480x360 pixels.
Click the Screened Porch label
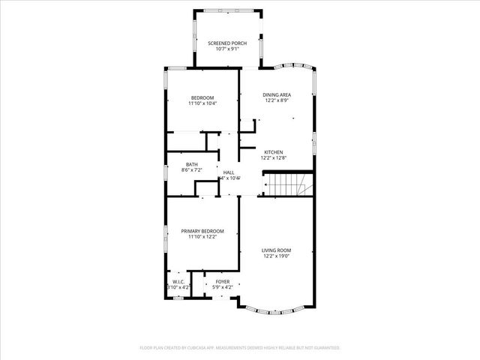pyautogui.click(x=228, y=43)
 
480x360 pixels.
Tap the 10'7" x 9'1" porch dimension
pyautogui.click(x=228, y=49)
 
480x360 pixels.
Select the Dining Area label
pyautogui.click(x=277, y=94)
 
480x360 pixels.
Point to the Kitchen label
pyautogui.click(x=273, y=152)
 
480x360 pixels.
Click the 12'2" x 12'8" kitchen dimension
pyautogui.click(x=273, y=158)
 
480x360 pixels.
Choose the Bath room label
pyautogui.click(x=192, y=165)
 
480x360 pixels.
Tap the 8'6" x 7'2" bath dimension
pyautogui.click(x=192, y=171)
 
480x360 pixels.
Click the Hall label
pyautogui.click(x=229, y=172)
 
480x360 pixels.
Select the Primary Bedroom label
pyautogui.click(x=202, y=231)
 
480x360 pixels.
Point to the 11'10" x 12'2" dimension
pyautogui.click(x=202, y=237)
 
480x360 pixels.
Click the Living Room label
pyautogui.click(x=277, y=250)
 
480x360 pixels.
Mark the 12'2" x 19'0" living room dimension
pyautogui.click(x=277, y=256)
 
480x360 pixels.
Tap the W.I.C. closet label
pyautogui.click(x=178, y=281)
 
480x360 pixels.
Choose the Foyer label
pyautogui.click(x=223, y=281)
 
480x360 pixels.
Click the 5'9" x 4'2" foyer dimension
pyautogui.click(x=223, y=287)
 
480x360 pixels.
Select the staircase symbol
pyautogui.click(x=289, y=184)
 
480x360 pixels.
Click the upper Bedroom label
pyautogui.click(x=202, y=97)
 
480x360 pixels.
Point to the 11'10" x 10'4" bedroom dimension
pyautogui.click(x=202, y=103)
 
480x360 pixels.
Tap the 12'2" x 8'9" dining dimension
pyautogui.click(x=277, y=100)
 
